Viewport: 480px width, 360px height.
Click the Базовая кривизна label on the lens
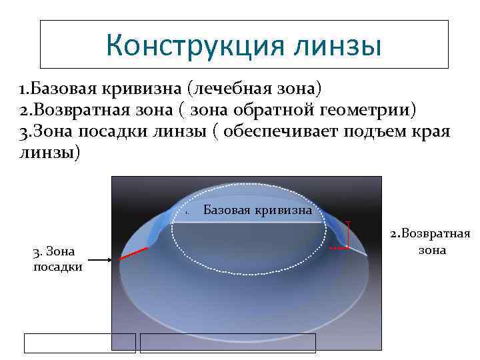pos(257,211)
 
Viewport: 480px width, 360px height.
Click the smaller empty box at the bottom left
pos(80,343)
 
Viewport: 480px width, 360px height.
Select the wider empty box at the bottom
pos(227,343)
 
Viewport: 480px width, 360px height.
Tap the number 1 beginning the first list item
pos(21,89)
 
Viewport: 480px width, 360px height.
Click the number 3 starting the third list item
pos(23,132)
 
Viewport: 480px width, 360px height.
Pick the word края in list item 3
pos(432,131)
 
